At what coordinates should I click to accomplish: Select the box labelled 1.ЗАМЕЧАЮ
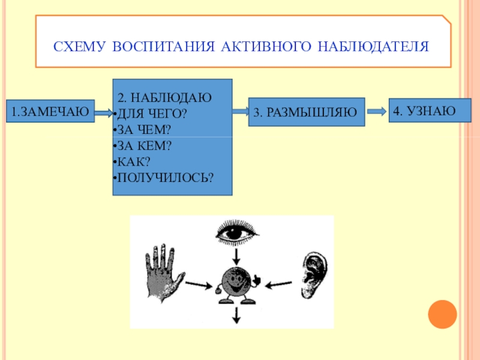pyautogui.click(x=50, y=111)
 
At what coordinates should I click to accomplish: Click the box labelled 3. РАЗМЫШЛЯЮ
pyautogui.click(x=306, y=112)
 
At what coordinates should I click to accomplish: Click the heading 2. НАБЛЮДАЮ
pyautogui.click(x=164, y=97)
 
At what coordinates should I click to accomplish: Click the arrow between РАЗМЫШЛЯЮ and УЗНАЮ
pyautogui.click(x=376, y=111)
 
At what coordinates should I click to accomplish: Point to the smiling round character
pyautogui.click(x=235, y=283)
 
